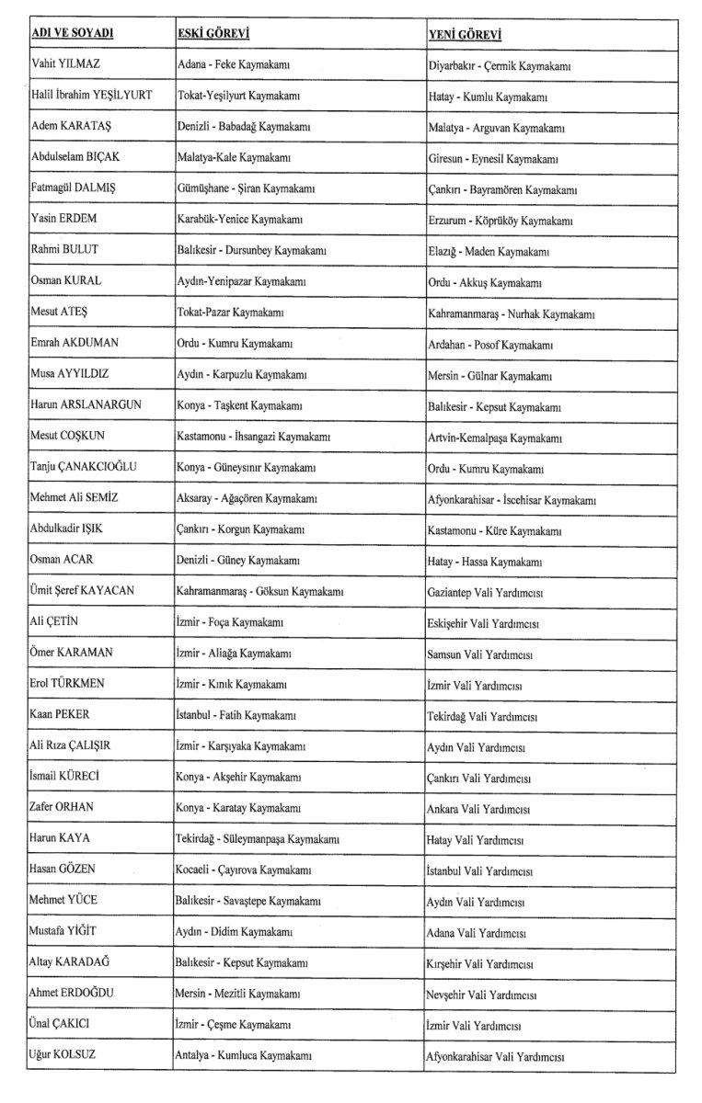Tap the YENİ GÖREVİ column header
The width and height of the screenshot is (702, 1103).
click(466, 35)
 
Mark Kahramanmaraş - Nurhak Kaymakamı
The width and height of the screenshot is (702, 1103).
click(512, 313)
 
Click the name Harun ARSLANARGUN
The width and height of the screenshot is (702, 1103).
click(86, 404)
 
